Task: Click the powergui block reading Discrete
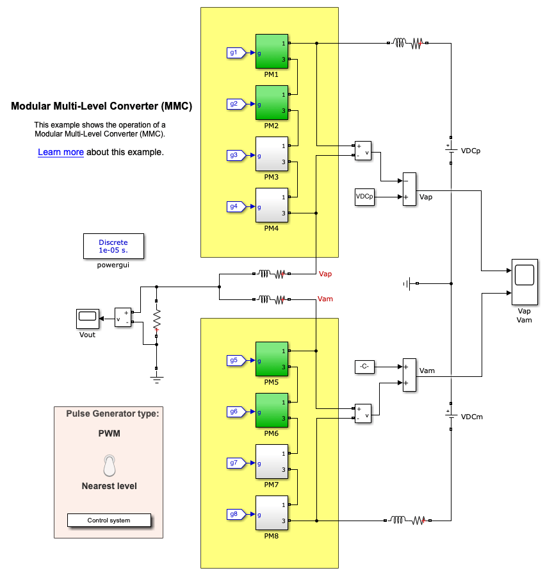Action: click(x=113, y=246)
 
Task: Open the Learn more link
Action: click(x=61, y=153)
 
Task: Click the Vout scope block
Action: click(x=86, y=316)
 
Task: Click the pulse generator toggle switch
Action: click(x=110, y=465)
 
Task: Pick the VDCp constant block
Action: click(x=364, y=197)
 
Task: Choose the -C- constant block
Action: click(x=364, y=367)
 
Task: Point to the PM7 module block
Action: click(x=272, y=461)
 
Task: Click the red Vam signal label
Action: click(x=326, y=299)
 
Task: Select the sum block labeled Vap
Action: click(x=409, y=189)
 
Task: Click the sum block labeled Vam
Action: click(x=409, y=375)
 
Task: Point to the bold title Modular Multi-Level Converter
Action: click(x=101, y=106)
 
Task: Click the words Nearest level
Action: click(x=110, y=486)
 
